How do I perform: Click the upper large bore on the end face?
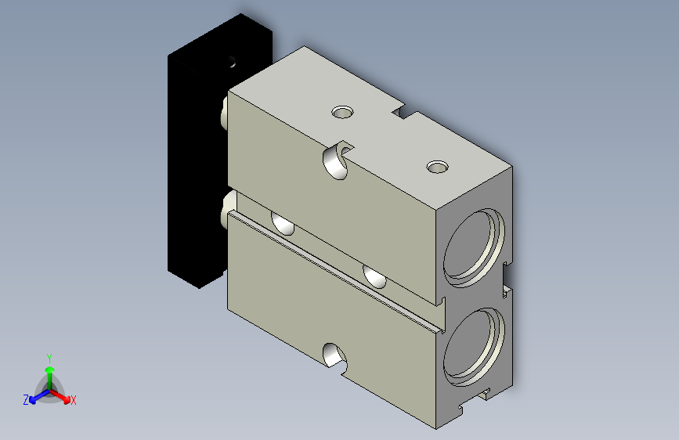tap(474, 247)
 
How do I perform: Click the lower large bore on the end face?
tap(474, 348)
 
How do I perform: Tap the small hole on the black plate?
tap(233, 62)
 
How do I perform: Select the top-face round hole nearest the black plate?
tap(342, 112)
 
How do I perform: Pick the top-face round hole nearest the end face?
tap(437, 166)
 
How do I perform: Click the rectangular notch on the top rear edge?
tap(404, 111)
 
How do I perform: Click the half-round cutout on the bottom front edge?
tap(335, 355)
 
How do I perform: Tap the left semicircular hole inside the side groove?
tap(283, 223)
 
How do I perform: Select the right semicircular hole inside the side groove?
tap(374, 276)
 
